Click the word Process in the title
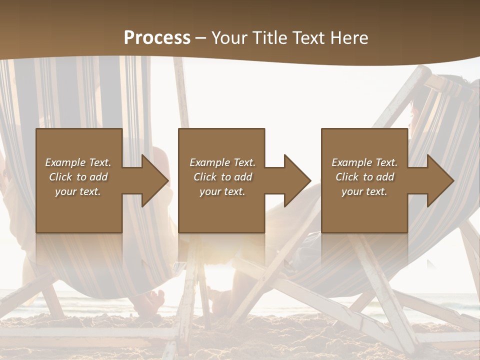157,38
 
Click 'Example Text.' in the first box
78,162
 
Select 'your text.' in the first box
78,191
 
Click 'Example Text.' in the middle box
222,162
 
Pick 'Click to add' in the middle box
222,177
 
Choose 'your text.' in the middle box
222,191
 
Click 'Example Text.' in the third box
364,162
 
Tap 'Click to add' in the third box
364,177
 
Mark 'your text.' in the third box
364,191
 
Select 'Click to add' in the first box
78,177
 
